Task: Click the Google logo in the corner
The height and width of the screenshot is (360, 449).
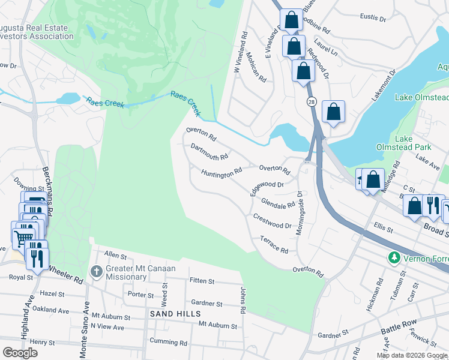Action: [20, 353]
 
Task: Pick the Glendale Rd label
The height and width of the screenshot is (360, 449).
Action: [278, 203]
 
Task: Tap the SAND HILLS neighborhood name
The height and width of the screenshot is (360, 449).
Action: [175, 314]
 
